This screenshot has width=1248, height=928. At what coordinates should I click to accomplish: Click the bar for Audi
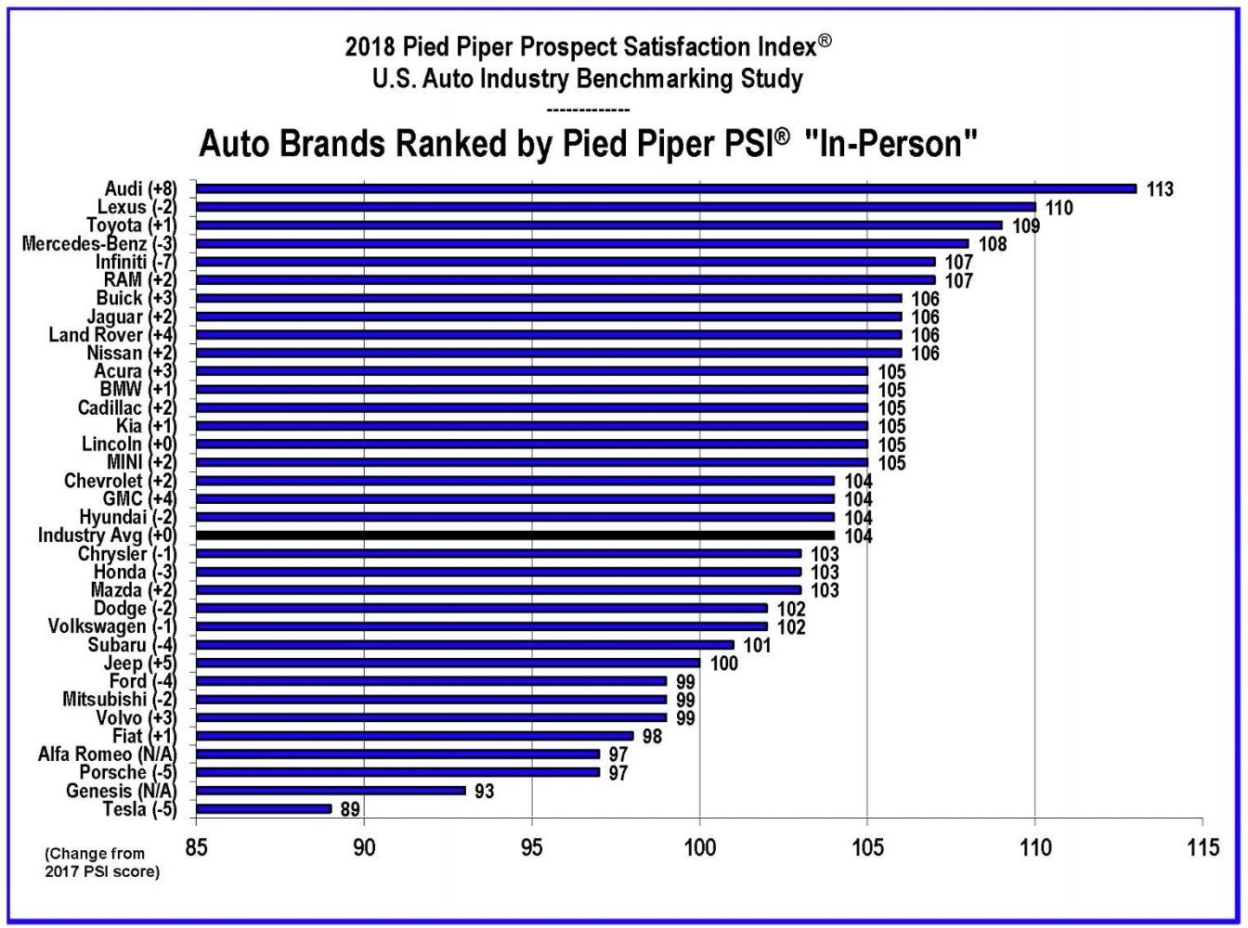(x=666, y=188)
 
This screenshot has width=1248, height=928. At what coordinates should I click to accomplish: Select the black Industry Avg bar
(x=515, y=535)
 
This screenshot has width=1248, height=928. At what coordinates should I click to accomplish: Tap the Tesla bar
(x=264, y=809)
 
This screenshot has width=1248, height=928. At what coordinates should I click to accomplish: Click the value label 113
(x=1160, y=189)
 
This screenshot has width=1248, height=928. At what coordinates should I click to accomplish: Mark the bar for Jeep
(x=448, y=663)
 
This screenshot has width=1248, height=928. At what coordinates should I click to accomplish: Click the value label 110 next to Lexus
(x=1059, y=208)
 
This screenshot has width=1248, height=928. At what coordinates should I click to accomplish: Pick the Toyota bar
(x=599, y=225)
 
